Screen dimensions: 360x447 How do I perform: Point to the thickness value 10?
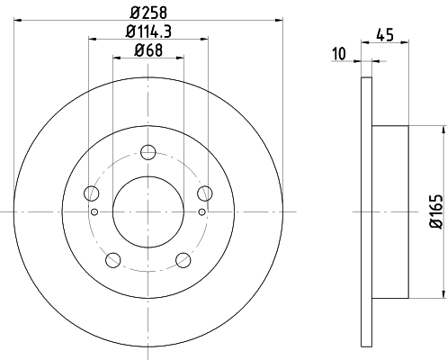point(338,54)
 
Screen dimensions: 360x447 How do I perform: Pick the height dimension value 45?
point(386,36)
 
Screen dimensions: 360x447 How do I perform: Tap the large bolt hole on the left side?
point(90,193)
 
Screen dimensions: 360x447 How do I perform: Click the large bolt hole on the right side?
point(204,193)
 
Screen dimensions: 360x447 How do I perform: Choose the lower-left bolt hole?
point(112,260)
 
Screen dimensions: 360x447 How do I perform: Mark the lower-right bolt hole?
point(183,260)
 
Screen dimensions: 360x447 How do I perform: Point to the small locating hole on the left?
point(94,211)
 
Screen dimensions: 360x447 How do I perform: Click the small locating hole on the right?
point(201,211)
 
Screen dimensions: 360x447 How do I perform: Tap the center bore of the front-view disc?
point(148,211)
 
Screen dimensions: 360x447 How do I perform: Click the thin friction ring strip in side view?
point(365,211)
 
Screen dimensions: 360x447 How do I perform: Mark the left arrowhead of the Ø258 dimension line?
point(18,20)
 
